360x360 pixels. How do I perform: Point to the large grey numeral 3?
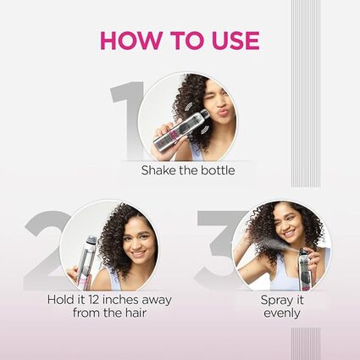click(216, 250)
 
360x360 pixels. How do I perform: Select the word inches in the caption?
click(120, 299)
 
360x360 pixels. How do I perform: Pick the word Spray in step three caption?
click(274, 301)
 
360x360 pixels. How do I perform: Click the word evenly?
click(282, 313)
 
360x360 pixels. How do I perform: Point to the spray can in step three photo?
click(305, 269)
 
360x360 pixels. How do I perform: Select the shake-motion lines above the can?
click(187, 107)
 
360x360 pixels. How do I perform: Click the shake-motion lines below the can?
click(205, 130)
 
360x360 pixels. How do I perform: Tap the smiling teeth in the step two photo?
click(138, 252)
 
